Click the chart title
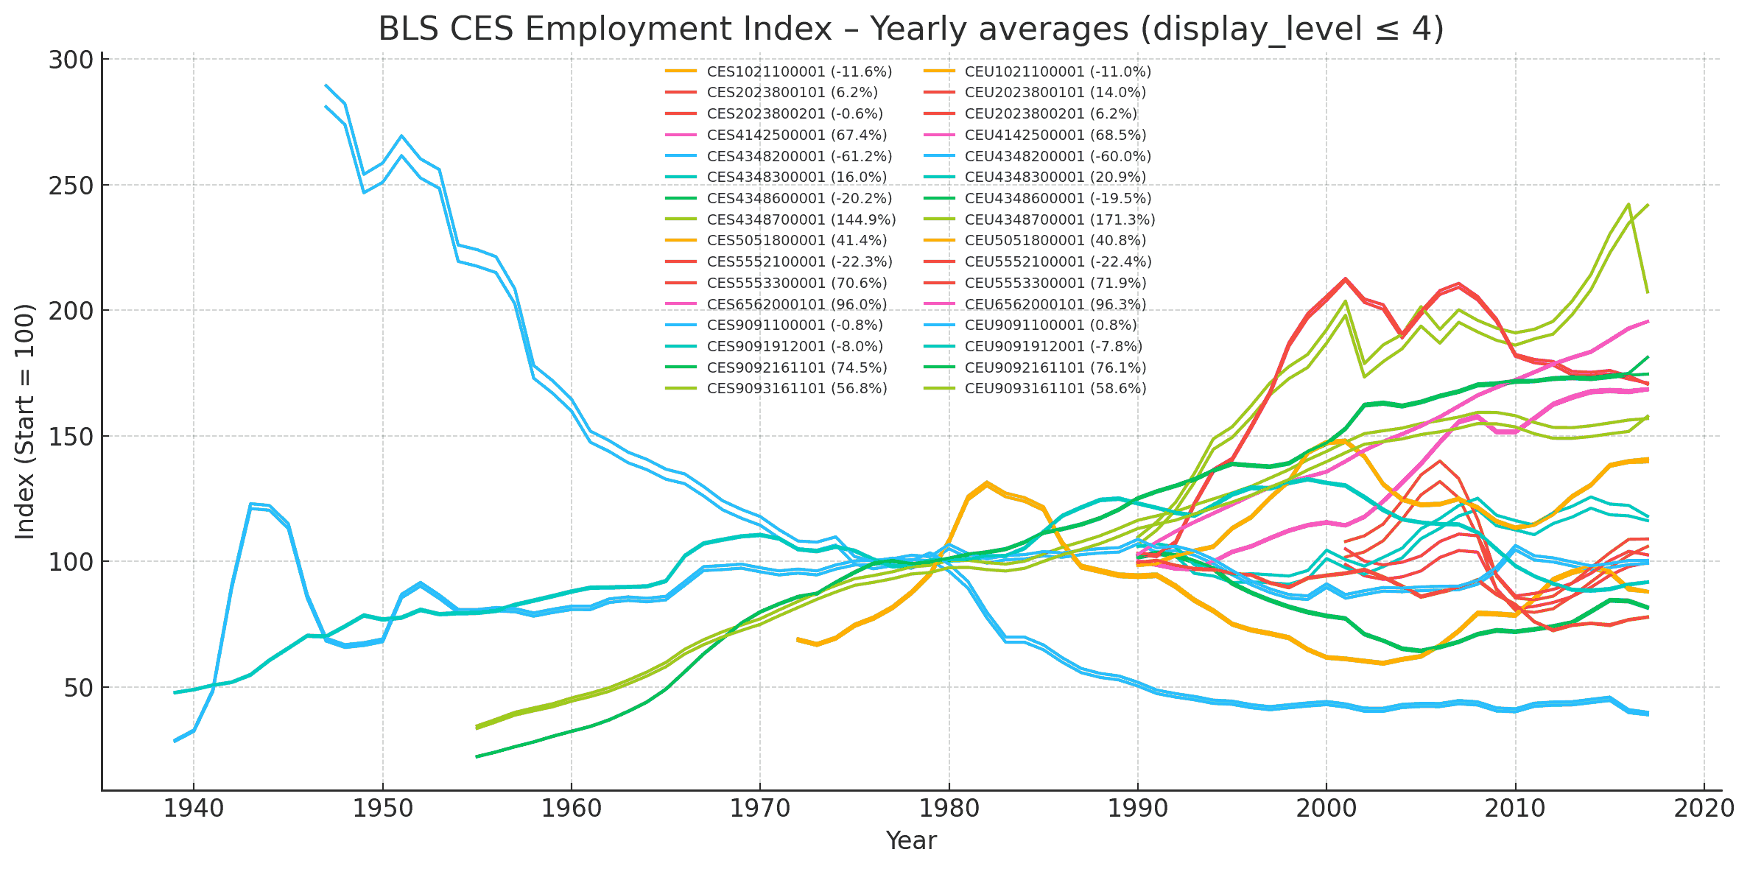[x=911, y=29]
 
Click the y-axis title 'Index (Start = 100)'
[x=26, y=421]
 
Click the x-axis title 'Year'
[x=911, y=840]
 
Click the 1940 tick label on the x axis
[x=193, y=809]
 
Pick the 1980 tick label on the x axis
[x=949, y=809]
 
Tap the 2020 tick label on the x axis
[x=1704, y=809]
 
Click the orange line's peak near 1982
[x=986, y=483]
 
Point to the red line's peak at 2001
[x=1345, y=279]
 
